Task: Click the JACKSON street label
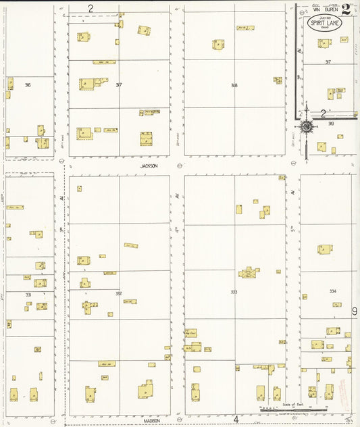[x=149, y=166]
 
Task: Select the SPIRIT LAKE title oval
[x=323, y=24]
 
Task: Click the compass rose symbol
[x=307, y=126]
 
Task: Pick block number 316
[x=27, y=85]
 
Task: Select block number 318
[x=234, y=85]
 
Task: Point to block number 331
[x=28, y=295]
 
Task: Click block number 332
[x=119, y=293]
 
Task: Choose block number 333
[x=234, y=293]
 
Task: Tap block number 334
[x=332, y=291]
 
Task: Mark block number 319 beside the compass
[x=331, y=124]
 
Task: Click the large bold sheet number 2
[x=346, y=9]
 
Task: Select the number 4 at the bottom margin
[x=236, y=420]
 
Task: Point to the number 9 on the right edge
[x=355, y=311]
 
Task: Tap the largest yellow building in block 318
[x=218, y=44]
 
